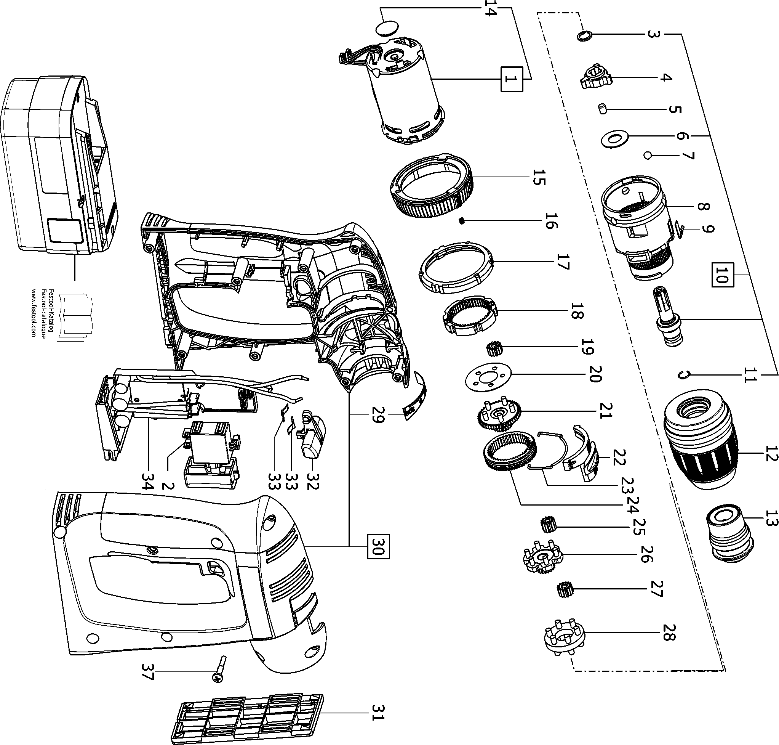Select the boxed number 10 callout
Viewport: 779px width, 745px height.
pos(722,275)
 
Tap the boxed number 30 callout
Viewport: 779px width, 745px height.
pos(378,547)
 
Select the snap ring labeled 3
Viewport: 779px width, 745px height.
pos(584,36)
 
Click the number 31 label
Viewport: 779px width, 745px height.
pos(378,713)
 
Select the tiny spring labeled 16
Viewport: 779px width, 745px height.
pos(462,221)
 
